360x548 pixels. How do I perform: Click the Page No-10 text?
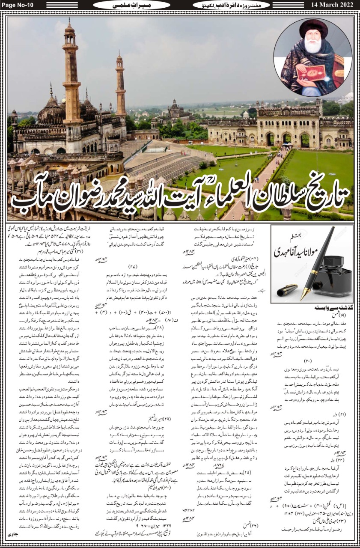coord(19,5)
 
